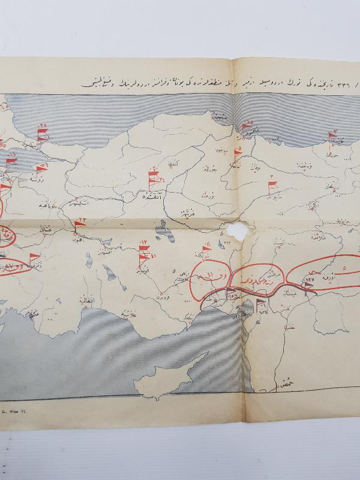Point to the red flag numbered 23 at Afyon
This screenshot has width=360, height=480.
pyautogui.click(x=79, y=226)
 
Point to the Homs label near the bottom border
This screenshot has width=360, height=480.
pyautogui.click(x=281, y=382)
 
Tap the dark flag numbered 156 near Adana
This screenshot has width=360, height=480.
pyautogui.click(x=231, y=294)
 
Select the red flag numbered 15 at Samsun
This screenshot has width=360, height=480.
pyautogui.click(x=246, y=128)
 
